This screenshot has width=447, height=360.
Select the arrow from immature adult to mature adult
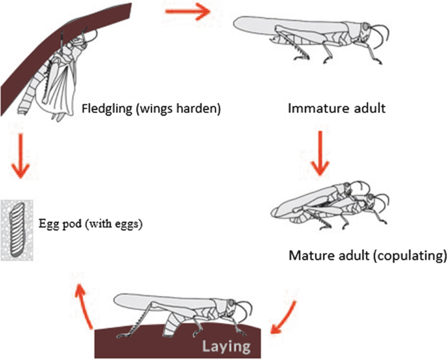[x=320, y=154]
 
